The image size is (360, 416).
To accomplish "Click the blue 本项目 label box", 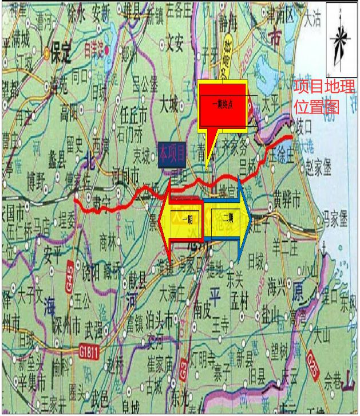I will click(173, 153).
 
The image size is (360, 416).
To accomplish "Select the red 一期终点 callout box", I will click(222, 104).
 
